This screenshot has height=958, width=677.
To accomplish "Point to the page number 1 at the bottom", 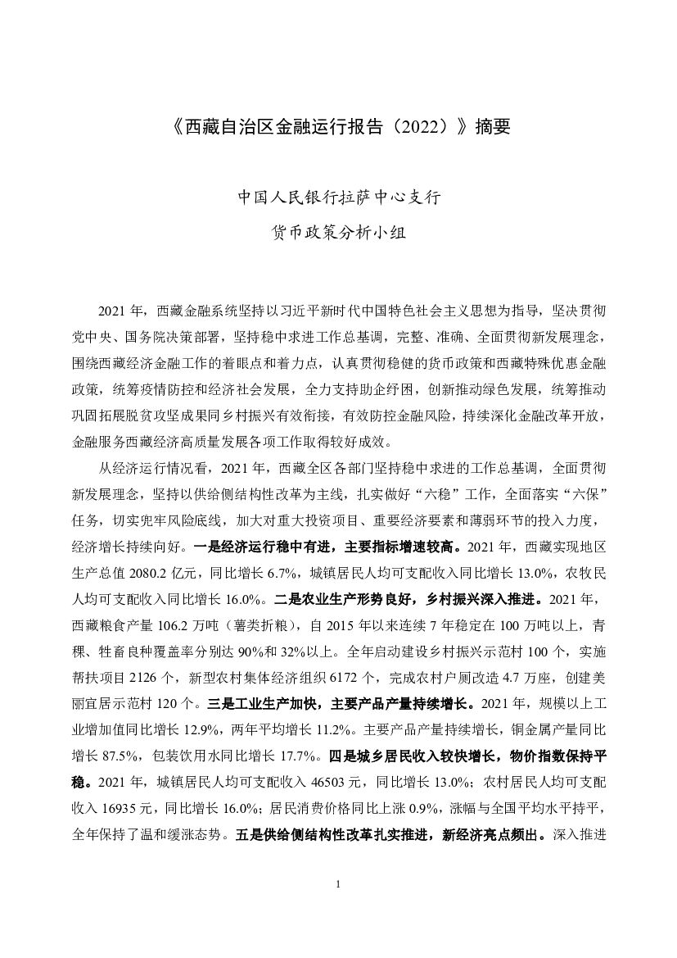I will click(x=338, y=885).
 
